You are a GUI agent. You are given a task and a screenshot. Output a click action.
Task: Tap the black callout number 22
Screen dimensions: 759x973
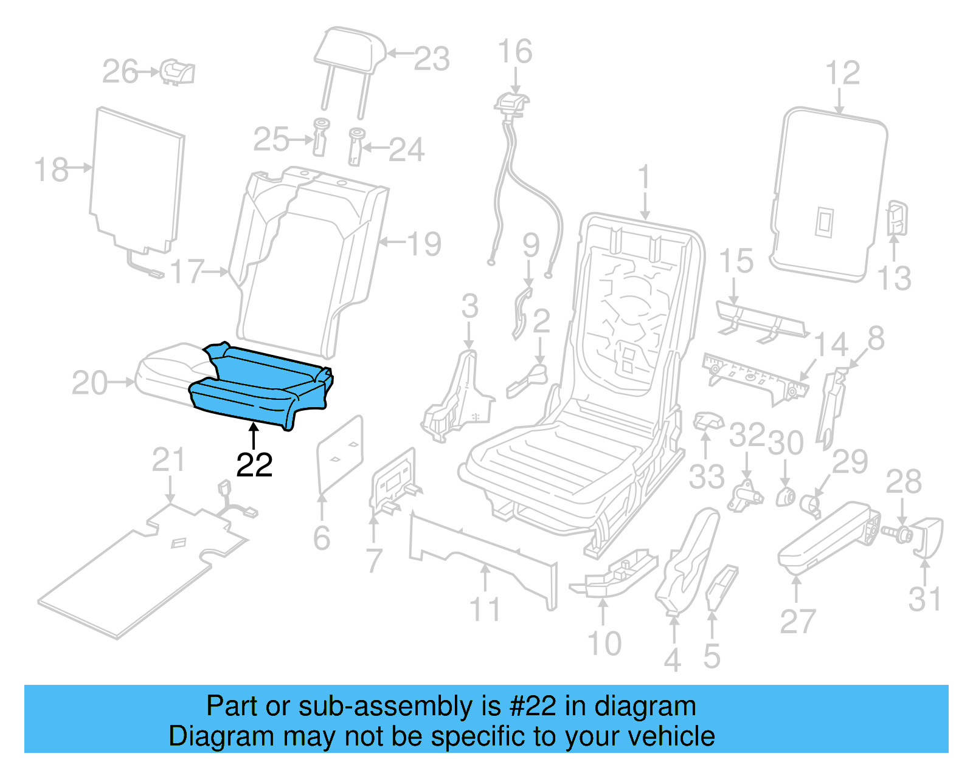(x=254, y=465)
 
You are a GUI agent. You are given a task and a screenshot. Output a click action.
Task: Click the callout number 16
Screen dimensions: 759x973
(x=514, y=51)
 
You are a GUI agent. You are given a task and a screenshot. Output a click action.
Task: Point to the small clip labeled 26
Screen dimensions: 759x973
(x=178, y=72)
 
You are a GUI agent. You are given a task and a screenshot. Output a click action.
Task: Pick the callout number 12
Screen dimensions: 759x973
(x=842, y=73)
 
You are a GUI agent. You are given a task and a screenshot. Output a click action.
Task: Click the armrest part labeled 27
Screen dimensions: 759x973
(x=827, y=535)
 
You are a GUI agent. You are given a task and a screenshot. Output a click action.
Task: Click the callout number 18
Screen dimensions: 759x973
(x=51, y=170)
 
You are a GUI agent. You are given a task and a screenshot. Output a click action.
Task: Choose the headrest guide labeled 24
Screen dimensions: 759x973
(x=356, y=146)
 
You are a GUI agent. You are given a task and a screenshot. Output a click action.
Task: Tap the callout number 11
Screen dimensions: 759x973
(x=485, y=609)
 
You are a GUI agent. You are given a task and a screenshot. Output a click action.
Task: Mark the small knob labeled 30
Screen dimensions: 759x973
(x=785, y=496)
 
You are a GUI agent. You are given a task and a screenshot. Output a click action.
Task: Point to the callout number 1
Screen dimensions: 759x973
(x=644, y=177)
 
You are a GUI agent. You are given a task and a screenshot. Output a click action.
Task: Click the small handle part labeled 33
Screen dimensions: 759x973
(x=707, y=421)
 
